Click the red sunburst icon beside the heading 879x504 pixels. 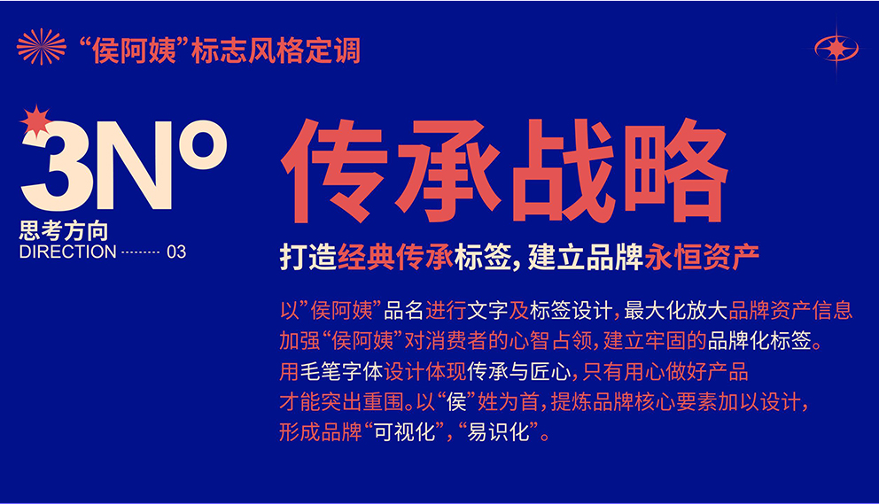point(41,47)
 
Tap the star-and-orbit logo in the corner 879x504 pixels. point(836,49)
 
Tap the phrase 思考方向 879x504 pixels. point(63,231)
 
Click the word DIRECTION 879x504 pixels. point(68,252)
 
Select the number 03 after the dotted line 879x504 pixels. point(176,252)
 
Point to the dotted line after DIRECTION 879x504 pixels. point(141,252)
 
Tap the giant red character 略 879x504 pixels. point(675,170)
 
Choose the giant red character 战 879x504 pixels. point(562,170)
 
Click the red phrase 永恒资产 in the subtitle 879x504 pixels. point(702,258)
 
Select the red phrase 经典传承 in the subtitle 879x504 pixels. point(395,258)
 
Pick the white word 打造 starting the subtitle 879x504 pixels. point(308,258)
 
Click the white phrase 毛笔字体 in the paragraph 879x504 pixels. point(341,371)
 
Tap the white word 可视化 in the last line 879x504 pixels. point(404,431)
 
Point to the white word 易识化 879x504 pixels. point(498,431)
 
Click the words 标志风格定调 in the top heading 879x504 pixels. point(276,50)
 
